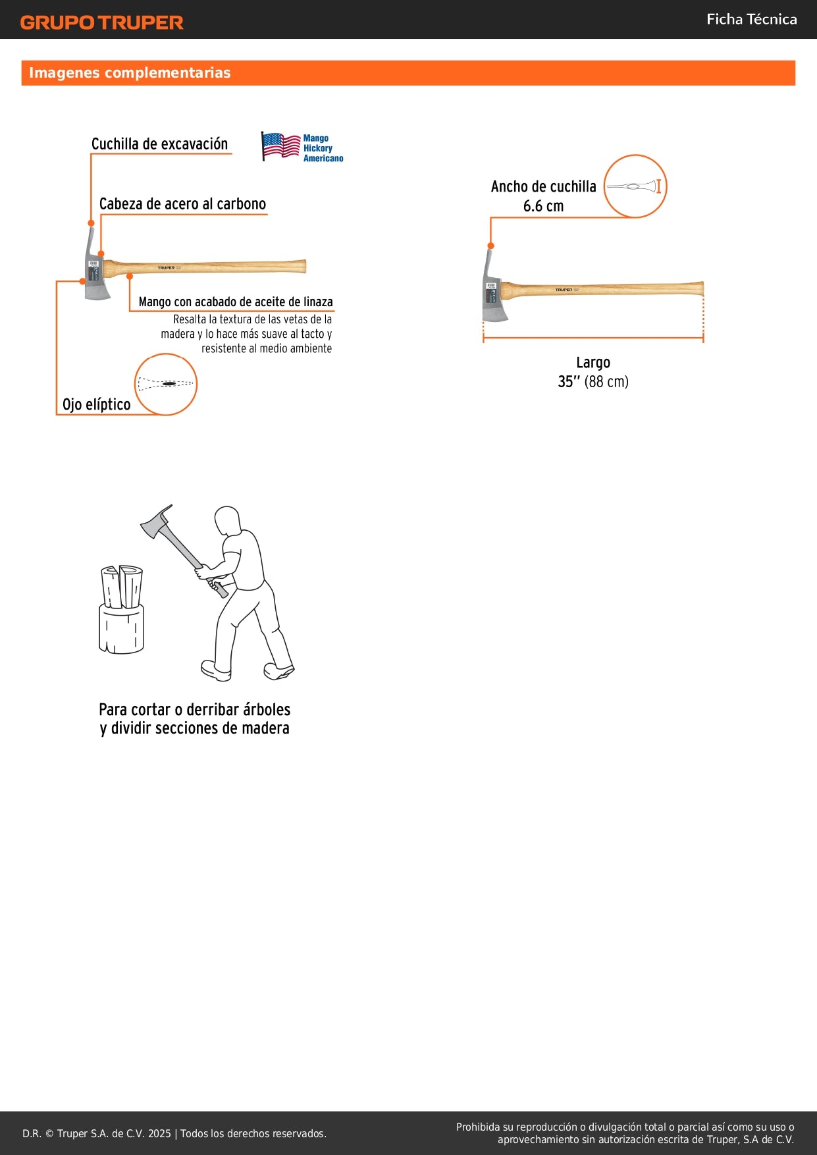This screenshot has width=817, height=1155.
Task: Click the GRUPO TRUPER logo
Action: pos(101,22)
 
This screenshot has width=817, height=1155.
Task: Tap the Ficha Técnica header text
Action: pos(751,19)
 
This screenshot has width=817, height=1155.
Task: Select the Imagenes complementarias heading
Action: pos(130,72)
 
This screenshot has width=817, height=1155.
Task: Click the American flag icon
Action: pos(280,146)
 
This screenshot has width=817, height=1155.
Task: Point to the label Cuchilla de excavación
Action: pos(159,144)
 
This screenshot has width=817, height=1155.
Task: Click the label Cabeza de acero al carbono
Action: pos(182,204)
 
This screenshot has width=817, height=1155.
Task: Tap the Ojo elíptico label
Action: pos(96,404)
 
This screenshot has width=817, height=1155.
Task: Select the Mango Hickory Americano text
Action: pos(323,148)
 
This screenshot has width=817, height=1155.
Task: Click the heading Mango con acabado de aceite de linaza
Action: pos(236,302)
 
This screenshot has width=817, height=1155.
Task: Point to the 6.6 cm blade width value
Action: pos(543,206)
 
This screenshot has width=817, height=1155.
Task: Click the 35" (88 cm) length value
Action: pos(593,382)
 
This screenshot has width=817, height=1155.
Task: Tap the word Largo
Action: pos(593,362)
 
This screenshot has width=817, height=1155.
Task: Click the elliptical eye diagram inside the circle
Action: pos(166,384)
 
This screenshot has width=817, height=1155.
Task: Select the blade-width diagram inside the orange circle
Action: pos(635,186)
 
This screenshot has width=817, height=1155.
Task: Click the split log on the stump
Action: pos(122,586)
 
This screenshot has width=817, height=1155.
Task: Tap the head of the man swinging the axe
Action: pos(226,520)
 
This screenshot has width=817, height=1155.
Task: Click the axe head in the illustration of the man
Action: pos(156,522)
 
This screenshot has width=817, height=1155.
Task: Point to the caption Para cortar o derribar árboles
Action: pos(194,709)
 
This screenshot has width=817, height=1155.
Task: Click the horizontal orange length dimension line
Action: pos(593,338)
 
